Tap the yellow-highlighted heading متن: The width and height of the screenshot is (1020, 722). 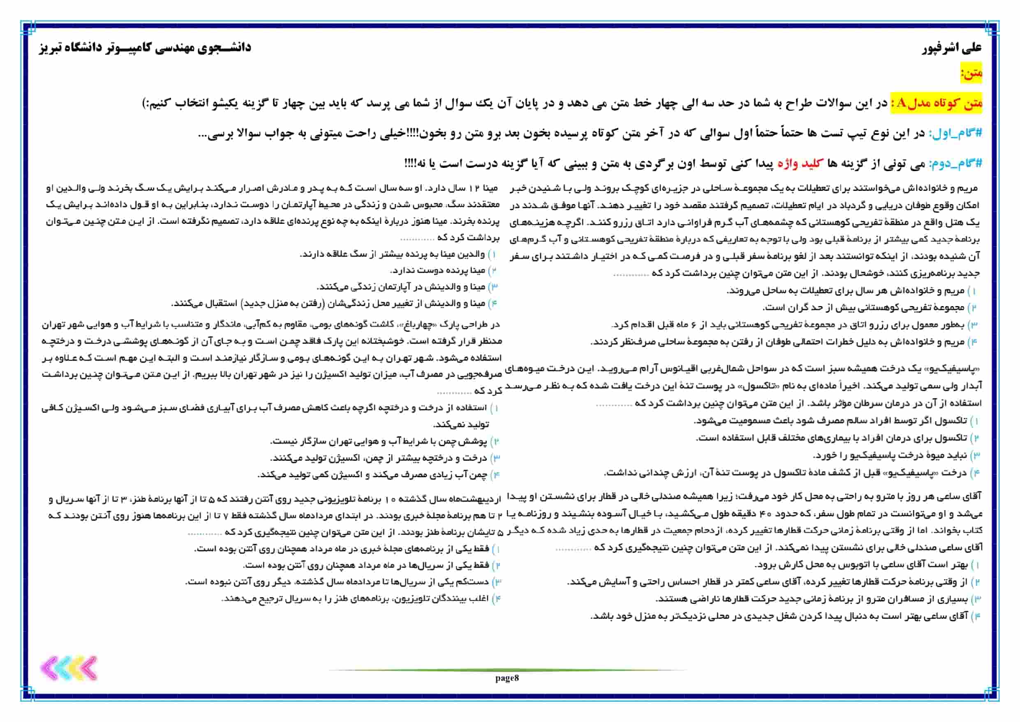971,73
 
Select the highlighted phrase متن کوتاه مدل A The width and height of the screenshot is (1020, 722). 939,104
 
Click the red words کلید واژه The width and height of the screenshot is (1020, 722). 798,164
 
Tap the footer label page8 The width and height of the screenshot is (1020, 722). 507,678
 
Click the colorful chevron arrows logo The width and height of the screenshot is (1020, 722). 69,668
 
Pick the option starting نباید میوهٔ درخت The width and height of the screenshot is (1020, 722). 891,456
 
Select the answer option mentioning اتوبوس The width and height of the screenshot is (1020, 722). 862,565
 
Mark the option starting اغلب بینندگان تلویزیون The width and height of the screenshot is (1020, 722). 355,599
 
